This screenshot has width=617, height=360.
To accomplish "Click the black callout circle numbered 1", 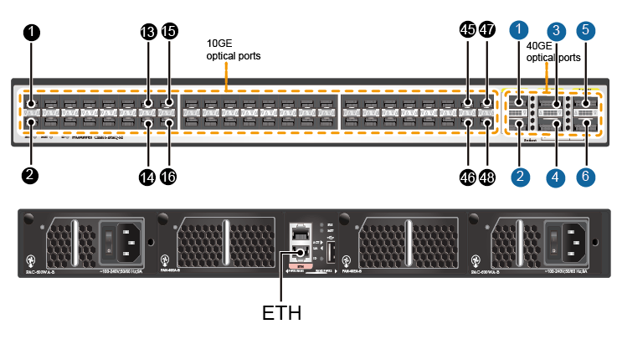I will (31, 33).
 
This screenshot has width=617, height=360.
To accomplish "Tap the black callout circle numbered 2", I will (31, 175).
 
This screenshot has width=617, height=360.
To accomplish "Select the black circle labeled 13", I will (148, 33).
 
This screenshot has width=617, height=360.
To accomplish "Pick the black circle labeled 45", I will (467, 31).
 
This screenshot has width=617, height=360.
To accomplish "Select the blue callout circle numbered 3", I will (555, 31).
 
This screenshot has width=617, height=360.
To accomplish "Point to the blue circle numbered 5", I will (586, 29).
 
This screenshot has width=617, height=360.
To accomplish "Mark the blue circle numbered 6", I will (586, 177).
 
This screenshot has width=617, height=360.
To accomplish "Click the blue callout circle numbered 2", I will (520, 177).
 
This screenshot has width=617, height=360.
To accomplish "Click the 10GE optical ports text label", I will (234, 49).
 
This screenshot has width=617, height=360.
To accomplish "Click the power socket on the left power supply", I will (121, 239).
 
